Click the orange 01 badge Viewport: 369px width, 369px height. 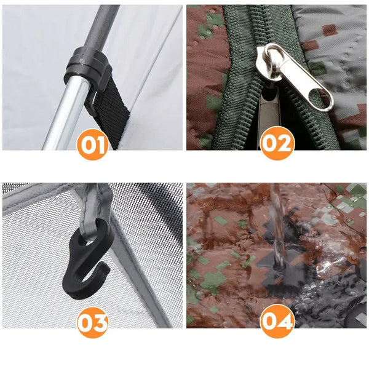(93, 145)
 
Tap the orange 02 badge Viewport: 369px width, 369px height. (277, 143)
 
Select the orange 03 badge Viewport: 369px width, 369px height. (93, 322)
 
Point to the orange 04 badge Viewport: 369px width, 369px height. (277, 321)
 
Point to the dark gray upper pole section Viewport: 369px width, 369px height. (101, 26)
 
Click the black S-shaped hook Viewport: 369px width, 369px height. (88, 259)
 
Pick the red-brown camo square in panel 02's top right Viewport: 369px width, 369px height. (330, 30)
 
